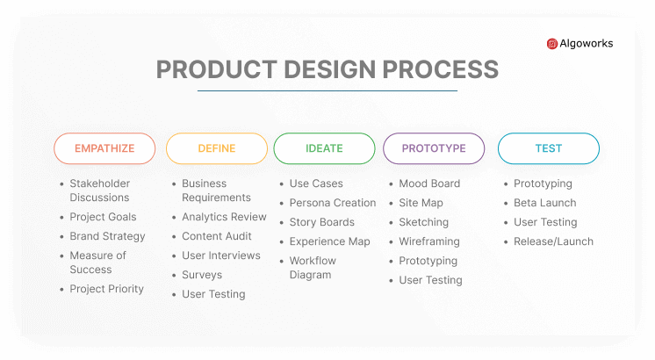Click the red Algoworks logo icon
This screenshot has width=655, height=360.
click(x=551, y=44)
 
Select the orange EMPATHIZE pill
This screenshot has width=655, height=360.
click(x=104, y=148)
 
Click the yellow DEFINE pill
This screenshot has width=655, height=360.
click(x=217, y=148)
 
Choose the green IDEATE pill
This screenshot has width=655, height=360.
click(x=324, y=148)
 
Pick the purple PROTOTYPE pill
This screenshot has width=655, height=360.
click(x=434, y=148)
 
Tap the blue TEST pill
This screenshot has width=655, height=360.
click(x=549, y=148)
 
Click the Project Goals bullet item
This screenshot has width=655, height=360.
click(x=103, y=217)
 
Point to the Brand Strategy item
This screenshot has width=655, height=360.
click(x=107, y=236)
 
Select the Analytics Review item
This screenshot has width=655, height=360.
click(x=224, y=217)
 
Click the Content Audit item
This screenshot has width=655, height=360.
click(x=216, y=236)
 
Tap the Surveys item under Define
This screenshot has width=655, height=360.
click(x=202, y=275)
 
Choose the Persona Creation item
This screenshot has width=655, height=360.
click(x=333, y=203)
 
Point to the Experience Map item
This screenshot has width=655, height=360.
click(x=329, y=241)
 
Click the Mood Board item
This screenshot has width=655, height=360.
click(x=429, y=184)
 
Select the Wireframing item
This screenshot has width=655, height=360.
click(x=429, y=241)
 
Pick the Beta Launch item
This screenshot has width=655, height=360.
click(x=544, y=203)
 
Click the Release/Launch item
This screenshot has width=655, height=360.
click(x=553, y=241)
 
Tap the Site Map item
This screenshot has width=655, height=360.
click(x=421, y=204)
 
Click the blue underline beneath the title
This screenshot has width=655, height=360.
click(x=327, y=90)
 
